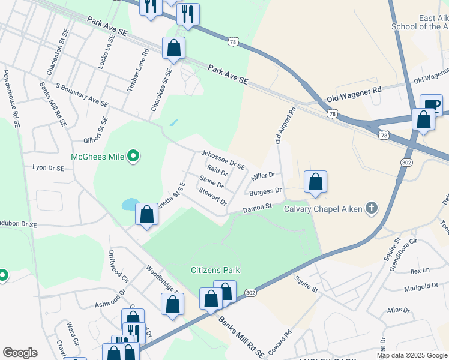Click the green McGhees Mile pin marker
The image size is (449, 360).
pos(134,157)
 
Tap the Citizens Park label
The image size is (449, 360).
pos(215,270)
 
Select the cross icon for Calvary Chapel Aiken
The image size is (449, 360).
pos(372,208)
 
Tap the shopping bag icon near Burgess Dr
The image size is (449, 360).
pos(315,182)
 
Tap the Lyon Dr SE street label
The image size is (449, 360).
pos(48,169)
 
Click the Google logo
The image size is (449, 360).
pos(19,352)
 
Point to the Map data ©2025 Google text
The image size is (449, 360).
pos(411,355)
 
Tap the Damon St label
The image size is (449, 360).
pos(258,208)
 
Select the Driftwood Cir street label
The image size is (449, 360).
pos(117,266)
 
